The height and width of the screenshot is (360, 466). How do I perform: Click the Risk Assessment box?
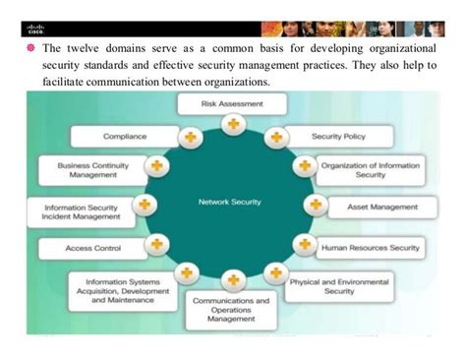pyautogui.click(x=232, y=103)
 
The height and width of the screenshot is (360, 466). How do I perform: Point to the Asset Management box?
pyautogui.click(x=382, y=207)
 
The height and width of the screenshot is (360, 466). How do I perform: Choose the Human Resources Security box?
pyautogui.click(x=370, y=247)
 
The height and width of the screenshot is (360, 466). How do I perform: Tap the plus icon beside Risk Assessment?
pyautogui.click(x=232, y=124)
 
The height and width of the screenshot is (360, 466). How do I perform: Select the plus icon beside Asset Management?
pyautogui.click(x=315, y=206)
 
